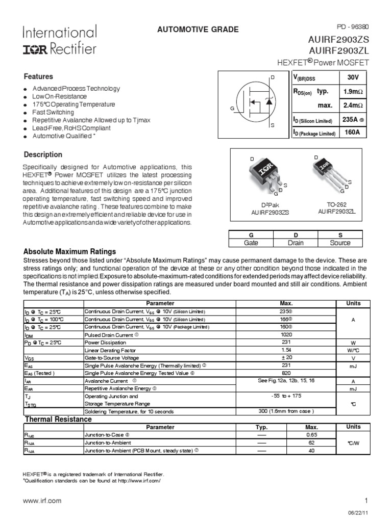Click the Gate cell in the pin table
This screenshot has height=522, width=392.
[x=251, y=243]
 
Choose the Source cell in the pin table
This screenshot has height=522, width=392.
[x=340, y=243]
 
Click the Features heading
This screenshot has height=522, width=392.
[x=39, y=76]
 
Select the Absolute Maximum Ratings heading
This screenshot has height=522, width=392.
[x=70, y=252]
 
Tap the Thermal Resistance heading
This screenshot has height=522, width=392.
[x=58, y=419]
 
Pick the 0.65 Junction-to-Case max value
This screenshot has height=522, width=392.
[x=311, y=435]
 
